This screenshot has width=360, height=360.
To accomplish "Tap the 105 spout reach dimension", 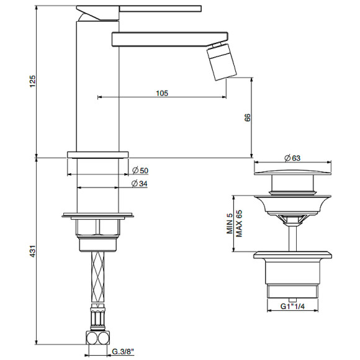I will pos(162,93).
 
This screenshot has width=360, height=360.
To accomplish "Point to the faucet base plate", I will pos(97,153).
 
